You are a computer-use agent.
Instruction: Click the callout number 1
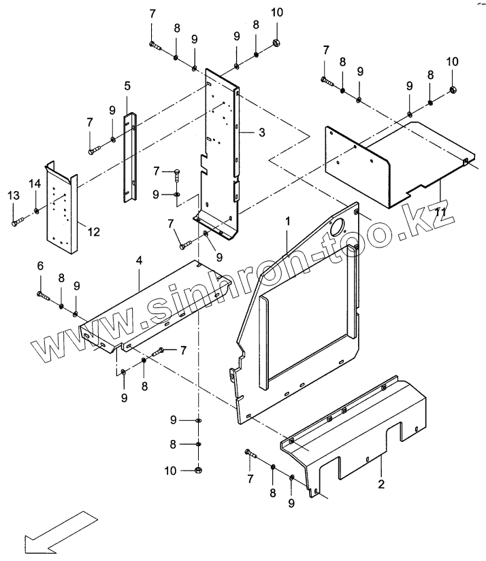pos(288,221)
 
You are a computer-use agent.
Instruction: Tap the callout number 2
pos(381,483)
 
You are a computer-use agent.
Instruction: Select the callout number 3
pos(261,132)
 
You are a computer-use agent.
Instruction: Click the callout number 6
pos(39,266)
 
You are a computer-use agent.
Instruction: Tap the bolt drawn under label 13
pos(18,222)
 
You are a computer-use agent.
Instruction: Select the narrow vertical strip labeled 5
pos(129,156)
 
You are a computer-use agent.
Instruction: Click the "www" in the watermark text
pos(68,339)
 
